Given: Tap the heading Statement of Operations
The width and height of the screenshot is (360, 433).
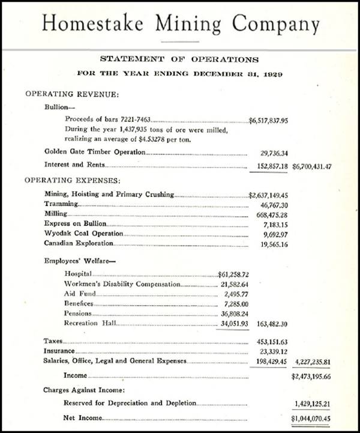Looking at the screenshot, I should click(179, 59).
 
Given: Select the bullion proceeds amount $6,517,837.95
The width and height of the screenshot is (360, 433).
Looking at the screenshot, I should click(269, 120).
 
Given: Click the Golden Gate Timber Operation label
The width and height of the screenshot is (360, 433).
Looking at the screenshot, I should click(95, 152).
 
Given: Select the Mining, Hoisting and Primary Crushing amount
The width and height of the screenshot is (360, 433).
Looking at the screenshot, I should click(269, 195).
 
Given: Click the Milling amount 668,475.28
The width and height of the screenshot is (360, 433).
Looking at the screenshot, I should click(271, 214).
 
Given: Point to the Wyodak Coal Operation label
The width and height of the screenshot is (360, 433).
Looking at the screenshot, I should click(83, 234).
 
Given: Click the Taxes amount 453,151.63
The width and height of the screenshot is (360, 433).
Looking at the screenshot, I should click(271, 341).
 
